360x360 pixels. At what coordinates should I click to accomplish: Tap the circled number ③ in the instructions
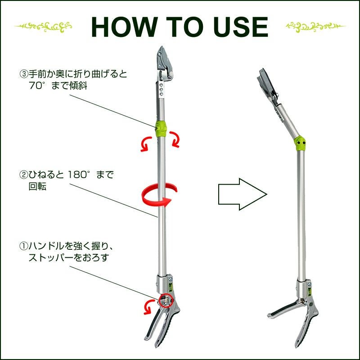[x=24, y=74]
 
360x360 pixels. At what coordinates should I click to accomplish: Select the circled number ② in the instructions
[x=24, y=175]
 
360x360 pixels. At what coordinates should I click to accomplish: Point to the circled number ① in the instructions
[x=24, y=246]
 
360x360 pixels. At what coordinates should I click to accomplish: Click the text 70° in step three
[x=38, y=86]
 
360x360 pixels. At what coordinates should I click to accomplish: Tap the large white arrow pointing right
[x=243, y=194]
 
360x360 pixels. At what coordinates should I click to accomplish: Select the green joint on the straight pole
[x=161, y=129]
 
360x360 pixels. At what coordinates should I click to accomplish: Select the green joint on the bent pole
[x=300, y=144]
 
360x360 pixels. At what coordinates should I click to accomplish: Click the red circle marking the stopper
[x=166, y=300]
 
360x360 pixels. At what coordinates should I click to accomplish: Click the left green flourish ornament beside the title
[x=43, y=27]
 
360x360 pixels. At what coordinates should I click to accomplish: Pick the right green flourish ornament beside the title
[x=316, y=27]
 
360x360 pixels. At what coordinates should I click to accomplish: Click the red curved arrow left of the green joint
[x=146, y=144]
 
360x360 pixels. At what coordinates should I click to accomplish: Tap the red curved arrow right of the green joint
[x=175, y=139]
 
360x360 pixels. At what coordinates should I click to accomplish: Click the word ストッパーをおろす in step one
[x=68, y=257]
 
